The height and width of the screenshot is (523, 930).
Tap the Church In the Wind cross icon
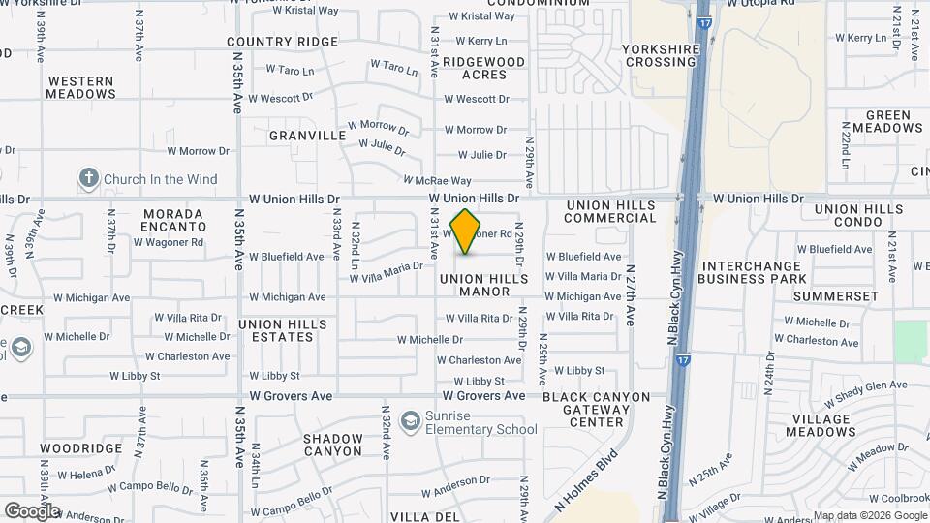[x=89, y=178]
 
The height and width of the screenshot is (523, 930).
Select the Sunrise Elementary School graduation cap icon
[x=412, y=421]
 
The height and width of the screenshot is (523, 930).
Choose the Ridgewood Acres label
[x=484, y=68]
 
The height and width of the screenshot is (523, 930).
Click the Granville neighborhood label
[x=307, y=136]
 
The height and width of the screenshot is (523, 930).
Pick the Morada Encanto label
[x=173, y=220]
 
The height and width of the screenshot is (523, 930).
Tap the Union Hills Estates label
[x=276, y=330]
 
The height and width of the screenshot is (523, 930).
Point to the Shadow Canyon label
[x=332, y=445]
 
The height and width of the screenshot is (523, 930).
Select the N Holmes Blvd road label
[x=586, y=481]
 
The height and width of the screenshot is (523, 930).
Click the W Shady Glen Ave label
[x=866, y=393]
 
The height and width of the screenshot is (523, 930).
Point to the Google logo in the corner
[x=31, y=511]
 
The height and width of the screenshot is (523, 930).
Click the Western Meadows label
[x=81, y=87]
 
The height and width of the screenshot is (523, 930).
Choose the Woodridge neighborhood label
[x=81, y=448]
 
